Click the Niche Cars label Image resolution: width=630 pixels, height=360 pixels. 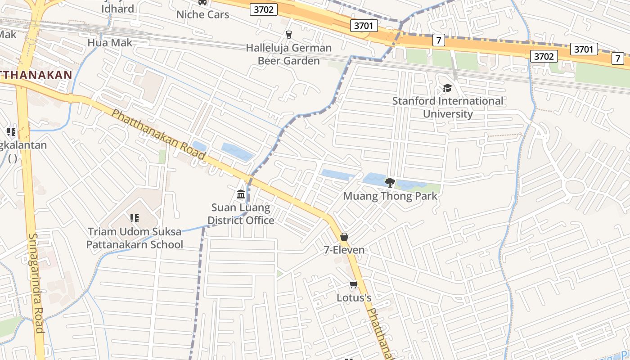[202, 14]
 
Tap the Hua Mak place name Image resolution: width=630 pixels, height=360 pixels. [110, 43]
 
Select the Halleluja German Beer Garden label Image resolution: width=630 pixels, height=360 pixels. [288, 54]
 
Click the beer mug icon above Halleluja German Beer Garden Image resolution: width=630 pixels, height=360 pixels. [289, 34]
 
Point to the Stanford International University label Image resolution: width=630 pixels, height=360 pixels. [447, 107]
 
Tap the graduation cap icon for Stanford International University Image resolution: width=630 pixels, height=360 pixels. [447, 88]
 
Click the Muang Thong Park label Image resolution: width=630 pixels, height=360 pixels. [390, 196]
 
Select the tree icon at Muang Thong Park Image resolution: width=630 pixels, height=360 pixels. [390, 182]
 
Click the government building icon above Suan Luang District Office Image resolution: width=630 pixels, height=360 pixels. [241, 194]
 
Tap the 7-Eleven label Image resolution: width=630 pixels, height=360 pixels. [344, 250]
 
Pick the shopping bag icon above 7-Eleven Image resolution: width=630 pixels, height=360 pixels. [344, 237]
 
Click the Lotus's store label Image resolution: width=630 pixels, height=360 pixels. [354, 297]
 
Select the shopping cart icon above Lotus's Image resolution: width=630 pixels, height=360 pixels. [354, 284]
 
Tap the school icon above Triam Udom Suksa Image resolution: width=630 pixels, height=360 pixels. [134, 218]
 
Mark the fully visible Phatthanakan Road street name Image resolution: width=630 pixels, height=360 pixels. [158, 135]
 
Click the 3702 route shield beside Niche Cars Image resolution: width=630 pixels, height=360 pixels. [263, 9]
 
